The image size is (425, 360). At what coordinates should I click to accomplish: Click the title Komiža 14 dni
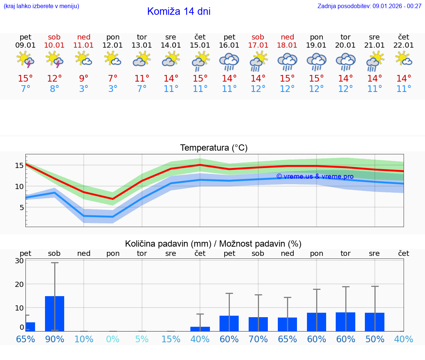point(179,11)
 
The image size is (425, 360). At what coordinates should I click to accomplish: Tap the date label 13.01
point(142,45)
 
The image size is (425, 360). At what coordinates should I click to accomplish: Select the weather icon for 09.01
point(25,59)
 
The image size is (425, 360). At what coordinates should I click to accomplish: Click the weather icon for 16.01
point(229,61)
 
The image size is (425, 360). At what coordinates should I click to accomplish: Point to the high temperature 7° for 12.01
point(113,79)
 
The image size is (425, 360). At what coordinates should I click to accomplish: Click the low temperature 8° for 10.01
point(55,89)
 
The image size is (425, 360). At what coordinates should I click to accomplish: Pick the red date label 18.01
point(287,45)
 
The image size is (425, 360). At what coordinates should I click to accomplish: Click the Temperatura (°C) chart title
point(214,148)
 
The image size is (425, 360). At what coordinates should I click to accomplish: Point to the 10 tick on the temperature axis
point(19,186)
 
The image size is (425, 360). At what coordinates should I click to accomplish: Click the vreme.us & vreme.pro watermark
point(315,176)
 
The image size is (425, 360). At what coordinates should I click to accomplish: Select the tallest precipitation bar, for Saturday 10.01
point(55,313)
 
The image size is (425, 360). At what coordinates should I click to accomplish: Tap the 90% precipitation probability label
point(55,339)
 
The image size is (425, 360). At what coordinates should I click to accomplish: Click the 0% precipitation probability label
point(113,339)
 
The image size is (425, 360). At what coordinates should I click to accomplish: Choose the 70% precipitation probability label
point(258,339)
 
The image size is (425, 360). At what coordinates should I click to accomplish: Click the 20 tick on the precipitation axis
point(20,284)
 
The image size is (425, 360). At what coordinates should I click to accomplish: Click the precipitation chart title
point(213,244)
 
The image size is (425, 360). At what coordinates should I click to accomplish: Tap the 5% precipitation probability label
point(142,339)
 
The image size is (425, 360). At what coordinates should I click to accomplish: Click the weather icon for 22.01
point(404,59)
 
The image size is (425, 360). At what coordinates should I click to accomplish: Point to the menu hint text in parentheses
point(41,6)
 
